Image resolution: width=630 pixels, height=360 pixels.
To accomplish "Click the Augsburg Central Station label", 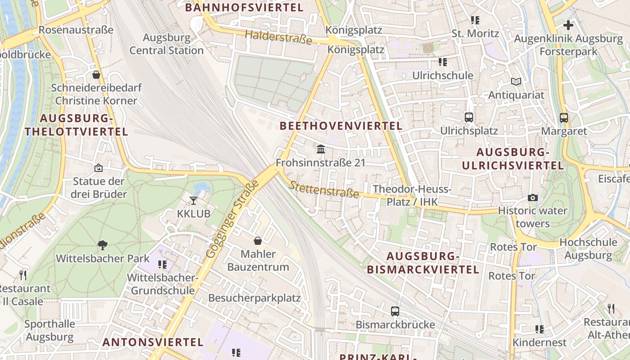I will coord(166,44).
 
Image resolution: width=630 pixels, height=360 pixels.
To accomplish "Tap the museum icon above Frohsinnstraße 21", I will coord(321,149).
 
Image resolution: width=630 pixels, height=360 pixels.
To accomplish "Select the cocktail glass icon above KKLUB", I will coord(193,200).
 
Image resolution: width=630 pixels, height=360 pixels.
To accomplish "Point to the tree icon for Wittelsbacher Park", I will coord(103,245).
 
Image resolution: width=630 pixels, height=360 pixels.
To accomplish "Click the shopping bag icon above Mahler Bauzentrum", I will coord(258,241).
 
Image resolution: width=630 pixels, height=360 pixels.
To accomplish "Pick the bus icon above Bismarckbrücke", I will coord(395,311).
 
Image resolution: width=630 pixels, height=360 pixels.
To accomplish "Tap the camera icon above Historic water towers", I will coord(533,198).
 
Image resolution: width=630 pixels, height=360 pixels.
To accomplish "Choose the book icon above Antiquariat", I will coord(516,82).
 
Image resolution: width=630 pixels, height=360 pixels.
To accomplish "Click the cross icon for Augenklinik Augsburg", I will coord(568,25).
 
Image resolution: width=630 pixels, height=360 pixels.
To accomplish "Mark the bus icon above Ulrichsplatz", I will coord(469,117).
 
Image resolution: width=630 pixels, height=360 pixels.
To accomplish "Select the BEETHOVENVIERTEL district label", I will coord(341,126).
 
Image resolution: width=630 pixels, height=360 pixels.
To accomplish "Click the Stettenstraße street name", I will coord(324,189).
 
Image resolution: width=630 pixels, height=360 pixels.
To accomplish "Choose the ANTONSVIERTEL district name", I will coord(153,342).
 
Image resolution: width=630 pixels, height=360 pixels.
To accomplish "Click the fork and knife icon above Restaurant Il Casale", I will coord(23,275).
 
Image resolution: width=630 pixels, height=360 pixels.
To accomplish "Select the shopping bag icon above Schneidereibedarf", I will coord(96,75).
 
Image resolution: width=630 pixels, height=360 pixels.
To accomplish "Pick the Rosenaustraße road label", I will coord(76,30).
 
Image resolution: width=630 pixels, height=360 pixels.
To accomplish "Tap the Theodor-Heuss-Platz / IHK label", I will coord(412,195).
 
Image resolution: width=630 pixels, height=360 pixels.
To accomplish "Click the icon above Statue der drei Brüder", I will coord(99,168).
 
